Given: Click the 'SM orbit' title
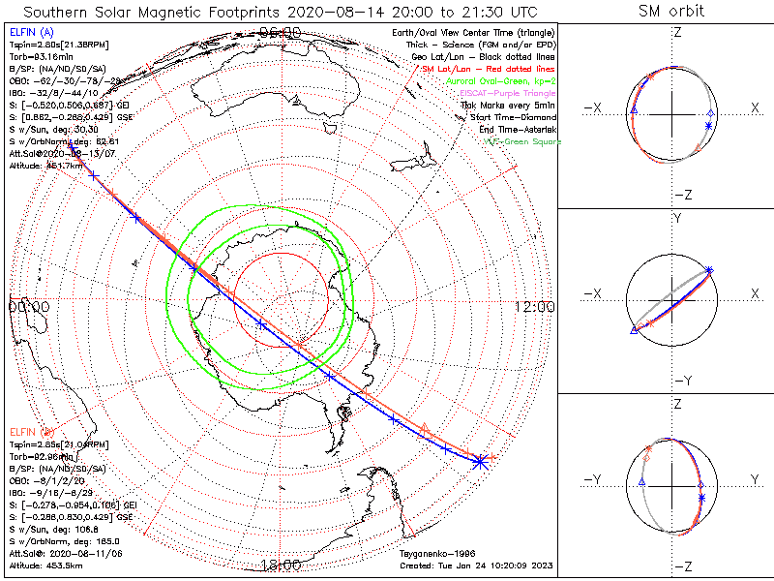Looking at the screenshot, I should tap(671, 12).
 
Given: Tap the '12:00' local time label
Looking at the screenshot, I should tap(534, 306).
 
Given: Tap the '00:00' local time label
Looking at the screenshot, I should tap(28, 306).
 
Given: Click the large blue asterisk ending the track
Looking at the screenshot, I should tap(479, 462).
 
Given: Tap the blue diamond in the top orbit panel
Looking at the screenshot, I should tap(711, 113).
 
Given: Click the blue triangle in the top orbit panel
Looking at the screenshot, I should tap(633, 112).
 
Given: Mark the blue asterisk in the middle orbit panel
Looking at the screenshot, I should tap(709, 269).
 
